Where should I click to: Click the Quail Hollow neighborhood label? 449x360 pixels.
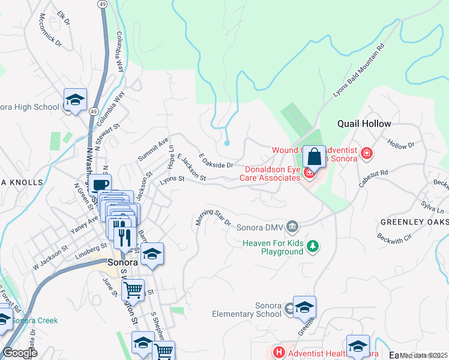click(364, 124)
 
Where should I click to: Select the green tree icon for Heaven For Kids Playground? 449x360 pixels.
click(312, 246)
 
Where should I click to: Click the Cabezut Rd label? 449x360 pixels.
click(374, 178)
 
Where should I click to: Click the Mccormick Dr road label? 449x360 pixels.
click(50, 30)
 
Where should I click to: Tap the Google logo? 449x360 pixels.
click(20, 353)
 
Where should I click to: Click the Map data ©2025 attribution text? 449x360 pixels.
click(423, 355)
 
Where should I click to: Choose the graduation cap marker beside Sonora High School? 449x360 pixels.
click(76, 100)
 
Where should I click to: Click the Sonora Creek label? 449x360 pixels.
click(35, 320)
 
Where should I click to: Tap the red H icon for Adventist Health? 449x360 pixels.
click(278, 352)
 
